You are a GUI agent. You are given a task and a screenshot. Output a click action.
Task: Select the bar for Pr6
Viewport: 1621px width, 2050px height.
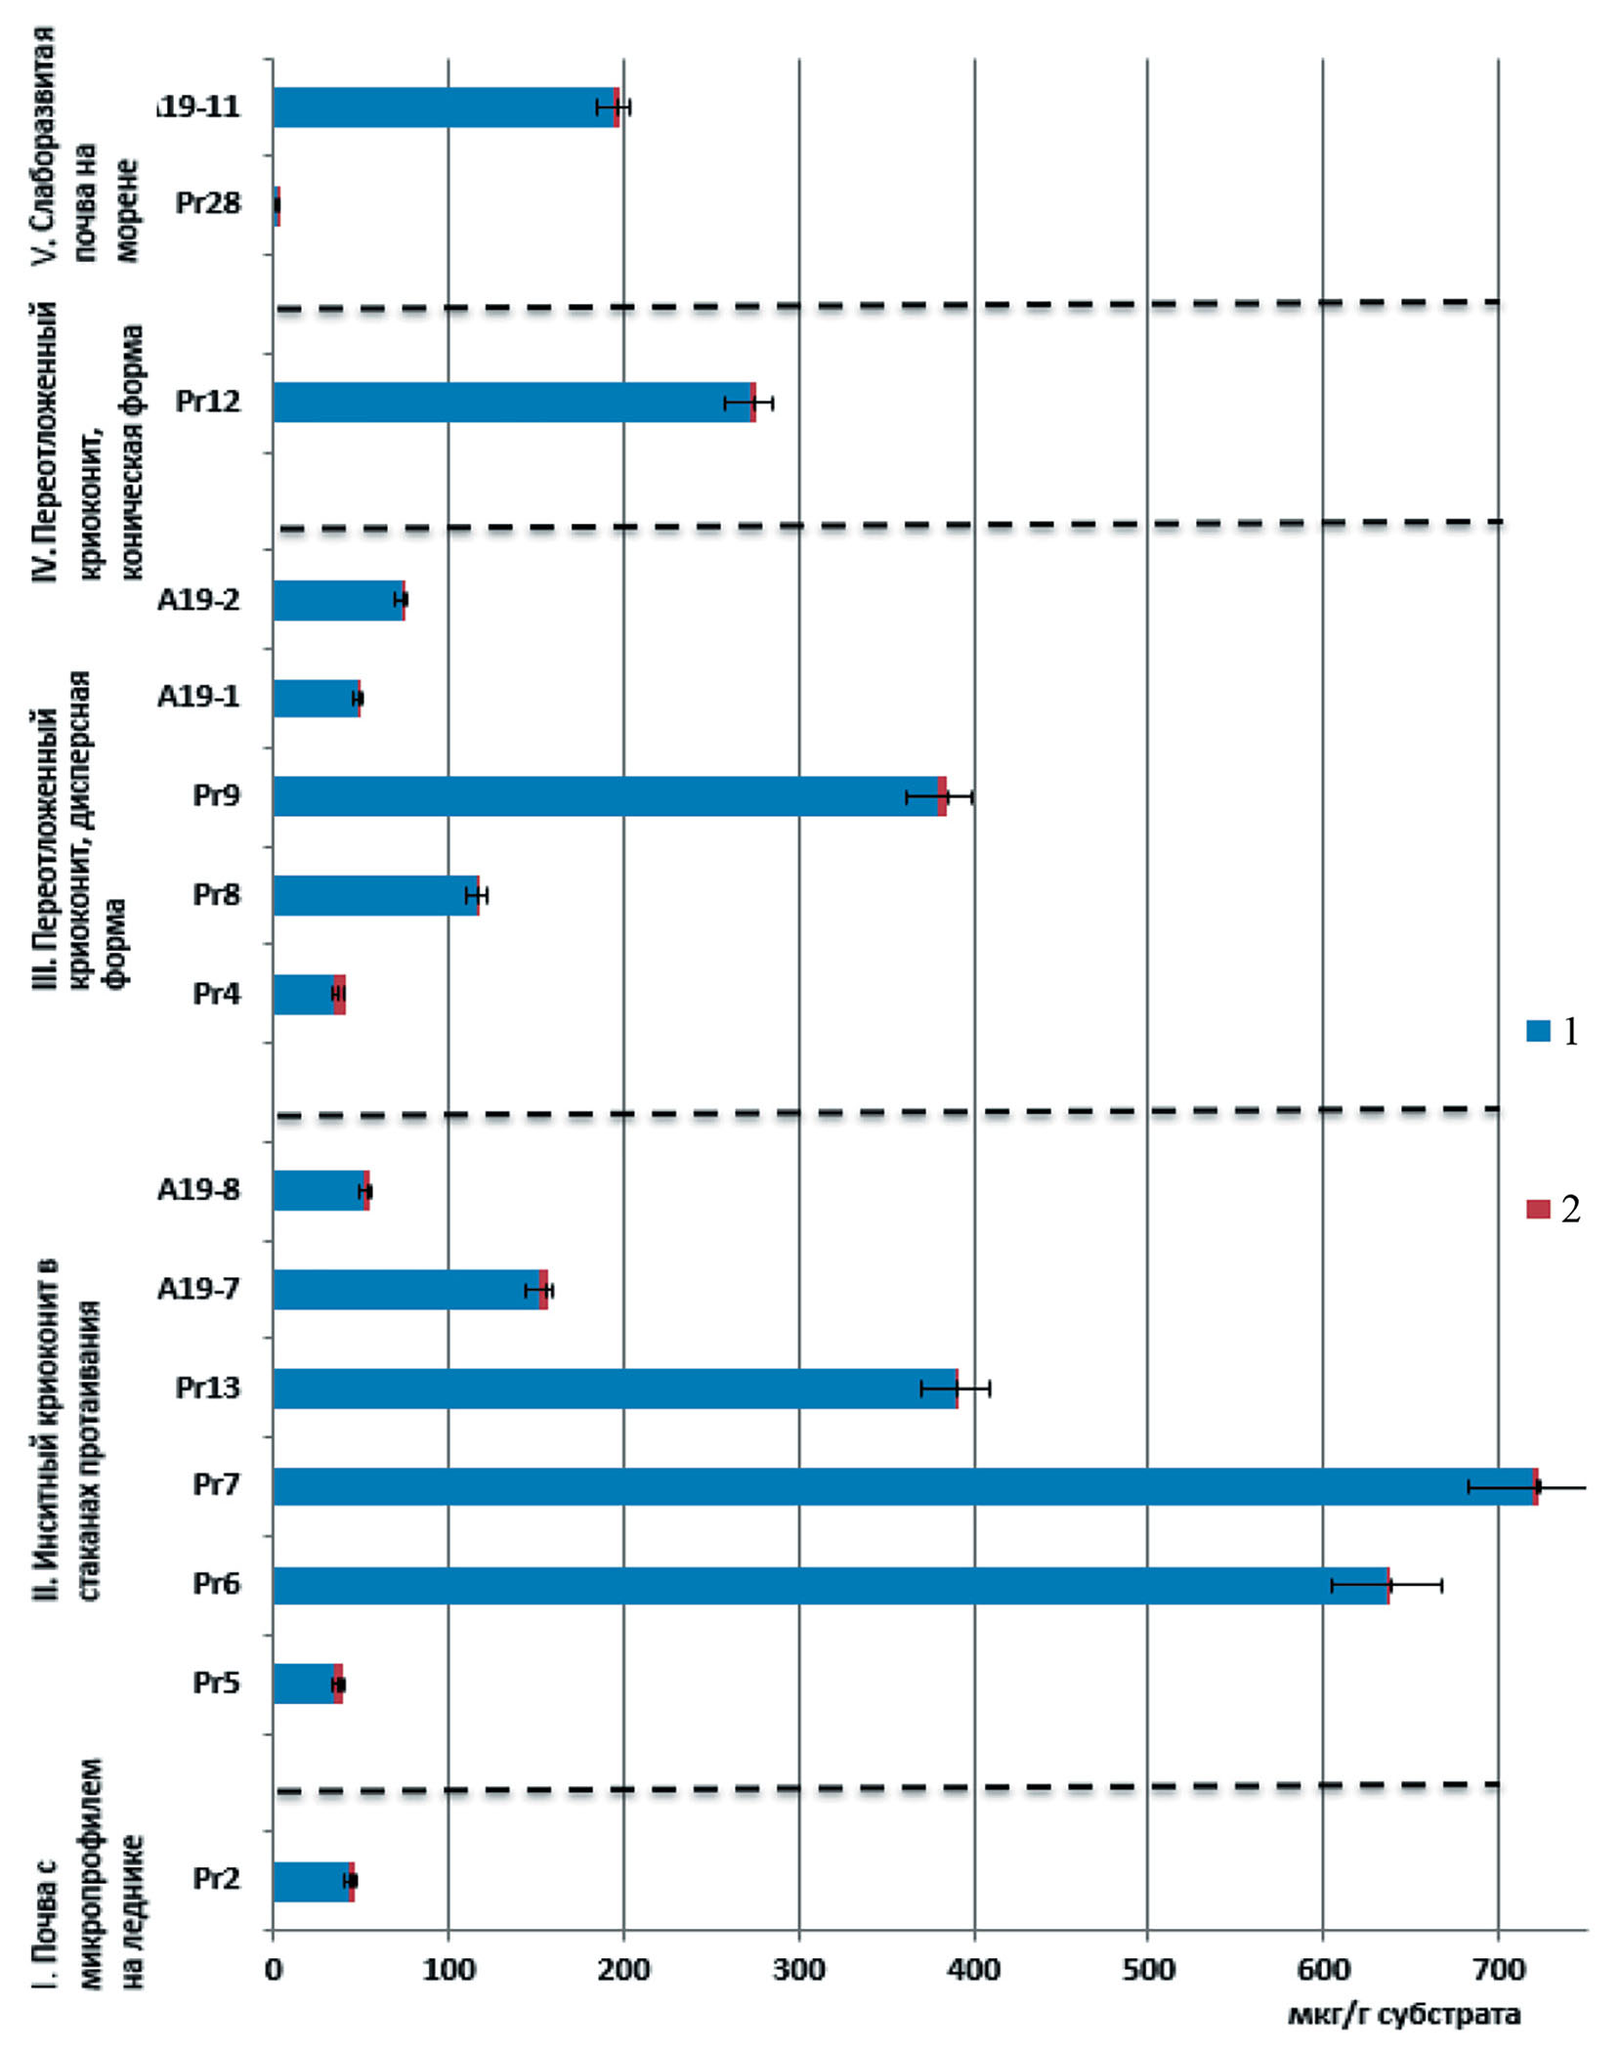[x=831, y=1585]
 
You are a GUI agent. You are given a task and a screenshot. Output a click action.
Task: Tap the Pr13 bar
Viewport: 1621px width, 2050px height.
[x=616, y=1388]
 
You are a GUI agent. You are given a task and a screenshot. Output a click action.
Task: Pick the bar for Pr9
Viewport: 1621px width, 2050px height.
[x=606, y=795]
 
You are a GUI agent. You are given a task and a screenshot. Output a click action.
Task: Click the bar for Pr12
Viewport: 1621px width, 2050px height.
[x=513, y=402]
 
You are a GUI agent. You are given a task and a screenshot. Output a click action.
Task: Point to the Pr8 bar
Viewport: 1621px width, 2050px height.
[x=376, y=895]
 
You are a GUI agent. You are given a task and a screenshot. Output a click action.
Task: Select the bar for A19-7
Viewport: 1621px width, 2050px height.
[x=408, y=1289]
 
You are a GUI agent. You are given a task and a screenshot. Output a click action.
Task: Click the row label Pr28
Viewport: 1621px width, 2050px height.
[x=207, y=203]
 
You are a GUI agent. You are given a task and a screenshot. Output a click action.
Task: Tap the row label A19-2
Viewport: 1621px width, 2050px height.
[x=198, y=599]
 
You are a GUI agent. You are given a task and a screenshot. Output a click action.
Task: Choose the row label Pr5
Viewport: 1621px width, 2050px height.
[x=216, y=1683]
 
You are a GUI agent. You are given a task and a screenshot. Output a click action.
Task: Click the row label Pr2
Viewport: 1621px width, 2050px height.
[x=216, y=1878]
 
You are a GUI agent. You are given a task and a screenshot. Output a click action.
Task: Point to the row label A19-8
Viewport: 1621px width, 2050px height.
[x=198, y=1189]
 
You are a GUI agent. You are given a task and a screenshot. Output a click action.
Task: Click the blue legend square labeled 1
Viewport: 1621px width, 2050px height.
[x=1538, y=1031]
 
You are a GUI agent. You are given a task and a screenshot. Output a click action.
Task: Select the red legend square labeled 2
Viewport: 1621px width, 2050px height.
[x=1538, y=1209]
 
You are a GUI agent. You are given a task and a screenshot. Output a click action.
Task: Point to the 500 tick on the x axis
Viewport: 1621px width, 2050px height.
[x=1148, y=1968]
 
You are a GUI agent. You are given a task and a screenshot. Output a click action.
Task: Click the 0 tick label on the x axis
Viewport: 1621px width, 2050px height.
[x=274, y=1968]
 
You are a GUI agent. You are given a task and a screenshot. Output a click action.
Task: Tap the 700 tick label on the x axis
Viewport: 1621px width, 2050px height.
[x=1498, y=1968]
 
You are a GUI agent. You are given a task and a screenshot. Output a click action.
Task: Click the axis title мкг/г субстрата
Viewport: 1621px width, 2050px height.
[x=1403, y=2014]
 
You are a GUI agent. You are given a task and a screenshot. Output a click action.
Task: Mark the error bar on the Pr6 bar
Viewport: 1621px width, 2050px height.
[x=1387, y=1585]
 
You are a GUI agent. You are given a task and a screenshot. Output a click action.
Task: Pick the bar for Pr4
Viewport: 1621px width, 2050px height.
[x=307, y=994]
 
